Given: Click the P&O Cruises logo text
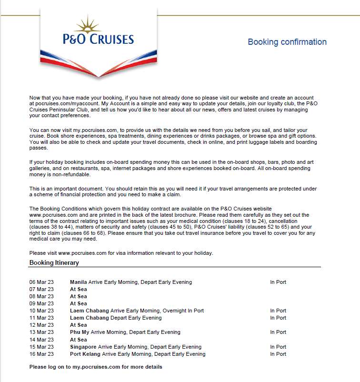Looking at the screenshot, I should [99, 39].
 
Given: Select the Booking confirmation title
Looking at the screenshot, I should [287, 42].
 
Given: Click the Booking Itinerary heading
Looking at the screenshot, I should [54, 262].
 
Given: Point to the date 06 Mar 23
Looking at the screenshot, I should [41, 282].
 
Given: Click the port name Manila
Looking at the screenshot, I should [79, 282].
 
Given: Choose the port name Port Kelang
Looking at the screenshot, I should [85, 354].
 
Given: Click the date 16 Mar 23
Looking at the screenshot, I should [41, 354].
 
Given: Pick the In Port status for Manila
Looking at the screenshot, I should [278, 282].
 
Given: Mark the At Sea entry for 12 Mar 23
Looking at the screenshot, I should [79, 325].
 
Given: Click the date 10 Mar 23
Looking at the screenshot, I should [41, 311].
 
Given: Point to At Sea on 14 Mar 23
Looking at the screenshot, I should [79, 340].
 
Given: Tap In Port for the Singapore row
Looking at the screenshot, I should [278, 347].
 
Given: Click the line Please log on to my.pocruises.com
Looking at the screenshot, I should [96, 367].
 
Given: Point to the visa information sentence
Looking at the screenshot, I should [121, 253].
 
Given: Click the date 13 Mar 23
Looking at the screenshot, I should [41, 332].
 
